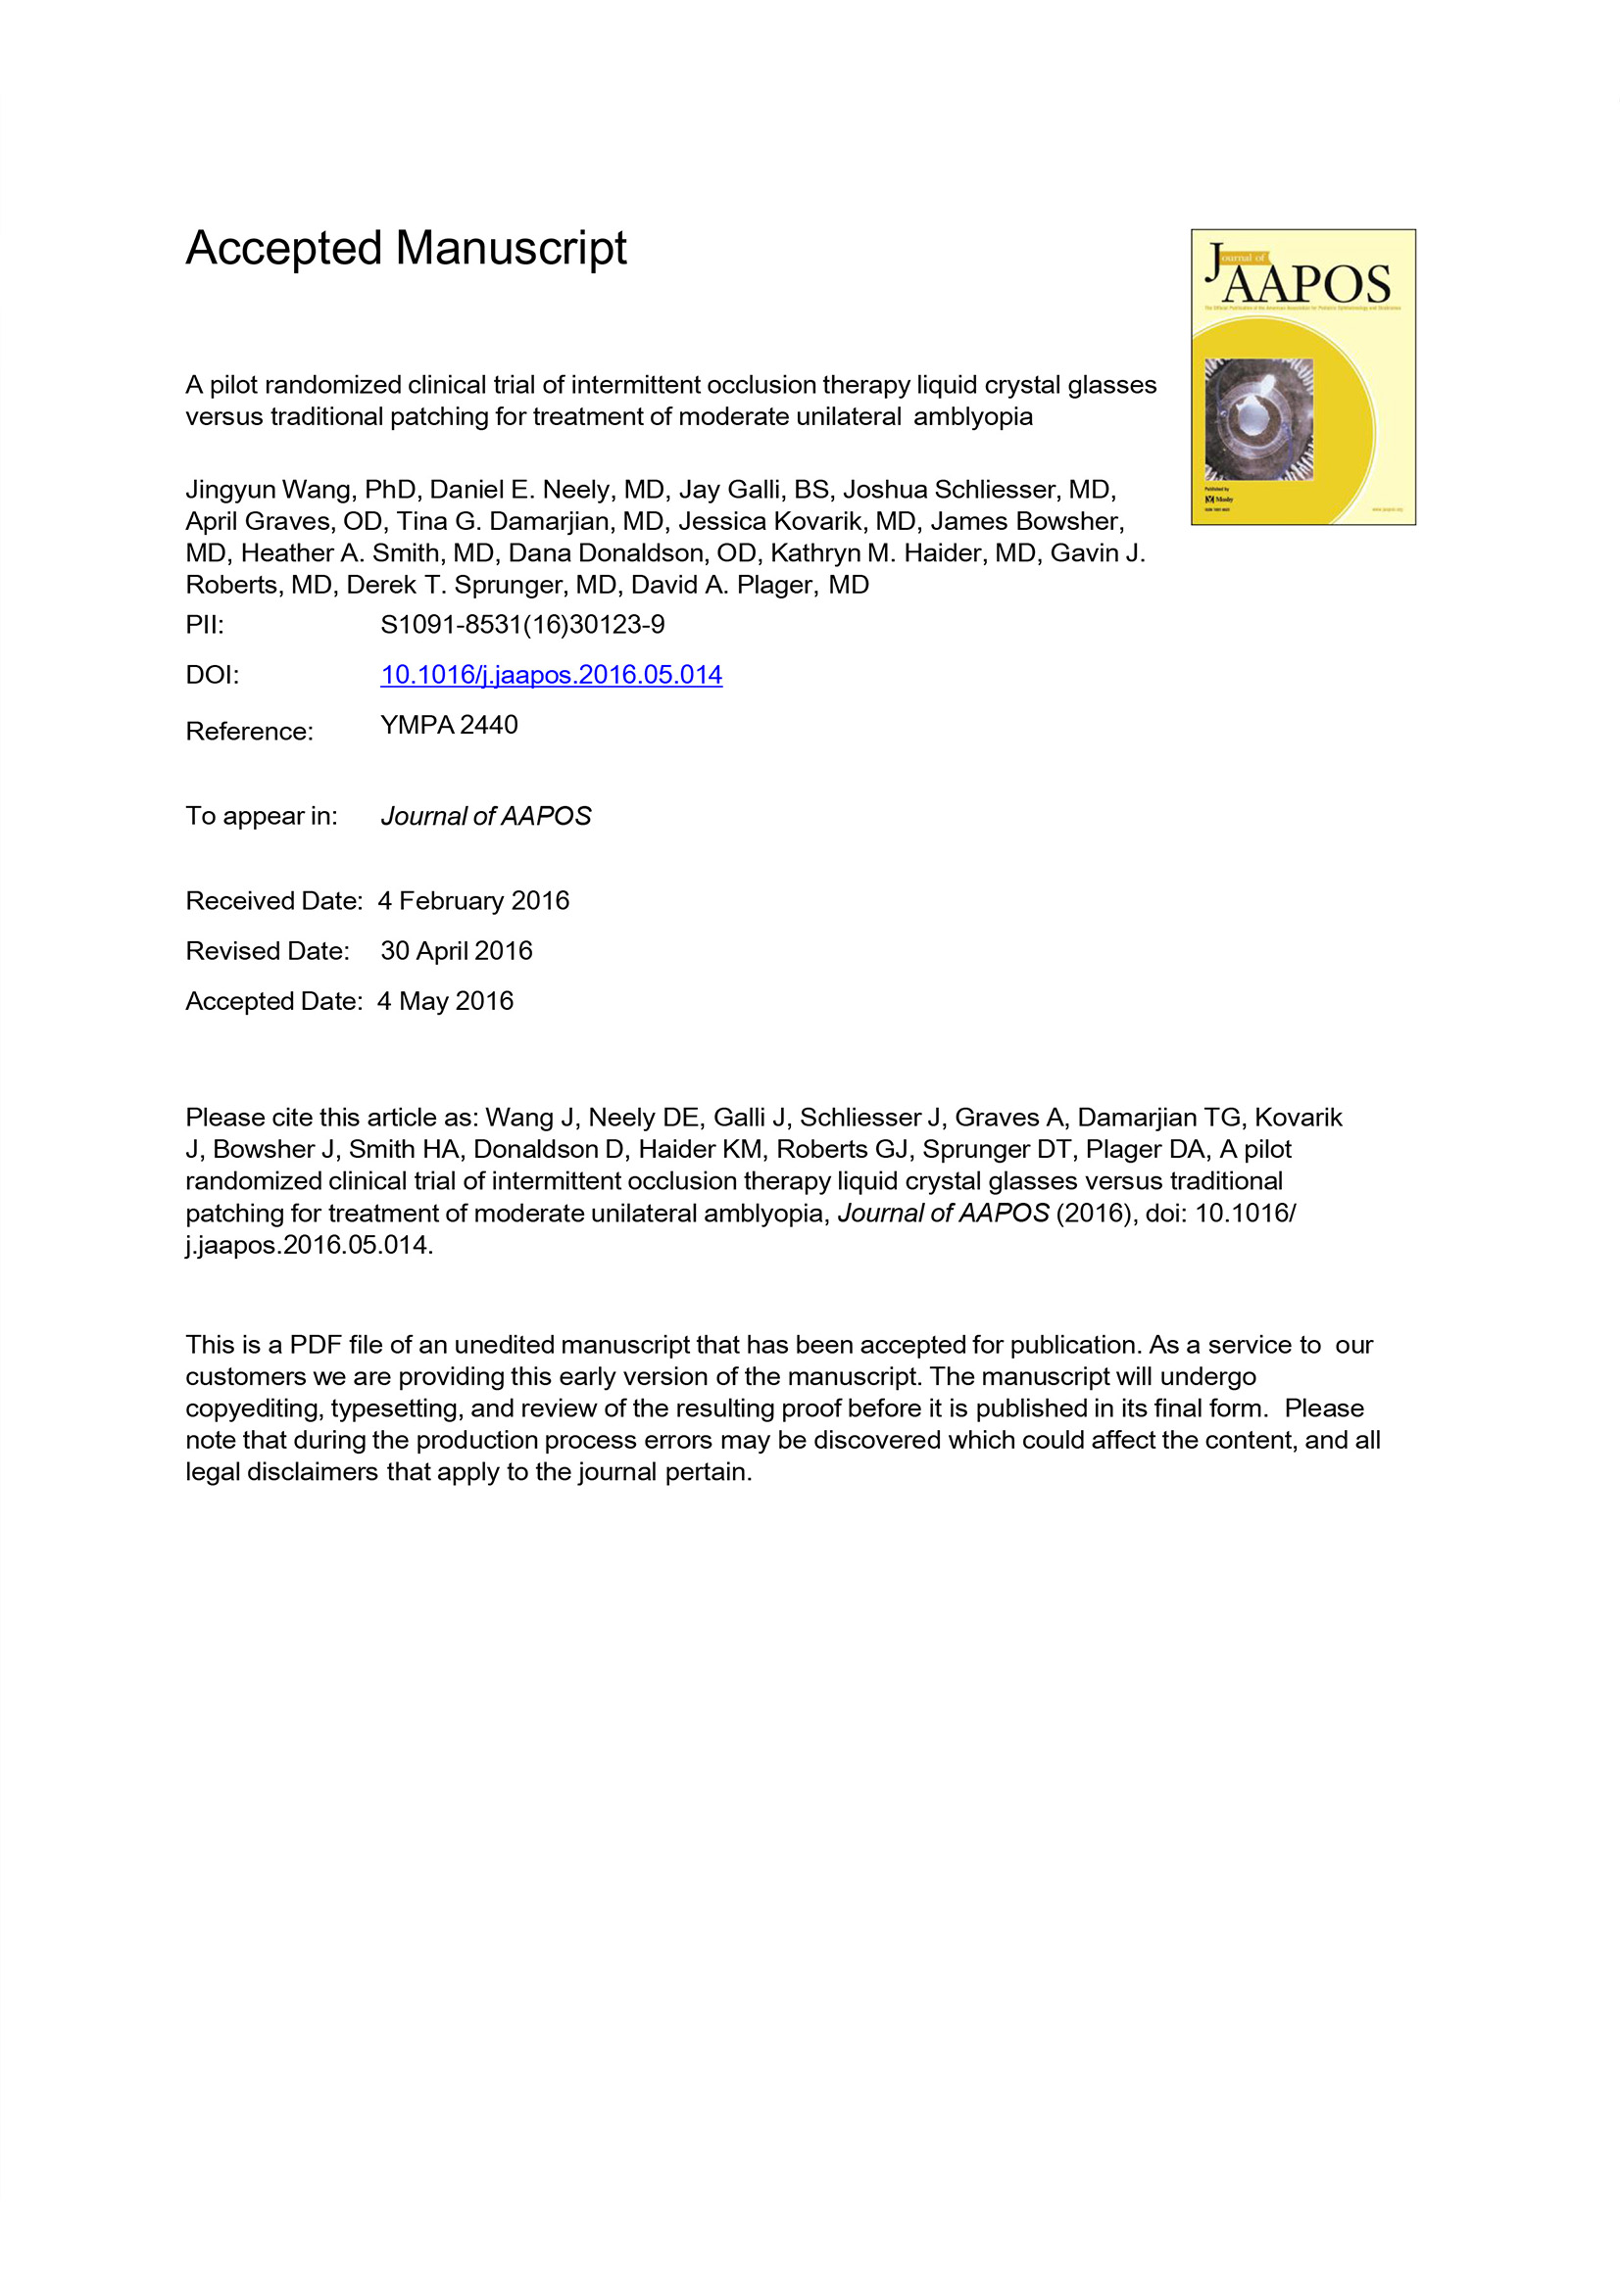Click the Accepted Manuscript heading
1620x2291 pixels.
tap(406, 249)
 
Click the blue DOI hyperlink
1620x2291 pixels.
tap(551, 676)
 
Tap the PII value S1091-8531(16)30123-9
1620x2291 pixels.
tap(522, 625)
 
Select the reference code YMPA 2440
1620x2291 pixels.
tap(449, 726)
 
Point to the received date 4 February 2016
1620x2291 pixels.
tap(473, 901)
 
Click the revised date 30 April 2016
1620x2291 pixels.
tap(456, 951)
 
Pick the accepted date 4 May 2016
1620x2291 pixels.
tap(445, 1001)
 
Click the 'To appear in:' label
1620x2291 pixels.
tap(262, 816)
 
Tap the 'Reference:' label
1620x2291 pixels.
tap(250, 732)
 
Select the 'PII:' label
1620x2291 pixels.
tap(205, 625)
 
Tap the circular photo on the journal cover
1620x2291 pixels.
tap(1258, 419)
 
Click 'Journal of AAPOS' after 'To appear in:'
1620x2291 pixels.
tap(486, 816)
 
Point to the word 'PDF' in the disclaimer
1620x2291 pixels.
tap(316, 1345)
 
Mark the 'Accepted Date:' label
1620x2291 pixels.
tap(273, 1001)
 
